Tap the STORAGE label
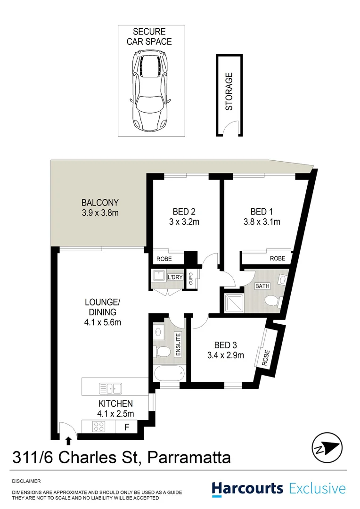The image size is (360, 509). [229, 91]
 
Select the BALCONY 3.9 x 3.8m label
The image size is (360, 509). [99, 208]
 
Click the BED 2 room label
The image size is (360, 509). [184, 211]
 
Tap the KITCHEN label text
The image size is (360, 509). [115, 403]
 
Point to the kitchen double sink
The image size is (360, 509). [110, 388]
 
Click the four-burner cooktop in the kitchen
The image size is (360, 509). [99, 427]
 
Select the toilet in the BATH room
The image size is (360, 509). [272, 301]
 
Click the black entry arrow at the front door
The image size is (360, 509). [69, 441]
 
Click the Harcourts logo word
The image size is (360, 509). [247, 488]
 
